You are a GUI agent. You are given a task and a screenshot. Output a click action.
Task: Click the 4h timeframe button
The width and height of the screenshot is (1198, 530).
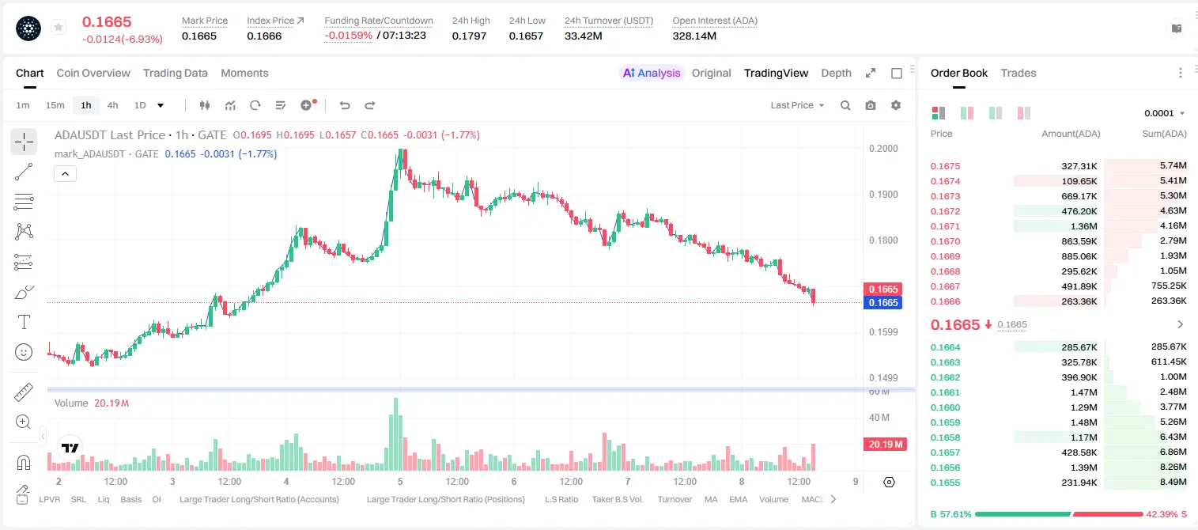coord(112,105)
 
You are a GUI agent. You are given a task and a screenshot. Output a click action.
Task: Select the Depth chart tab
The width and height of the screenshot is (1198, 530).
coord(836,74)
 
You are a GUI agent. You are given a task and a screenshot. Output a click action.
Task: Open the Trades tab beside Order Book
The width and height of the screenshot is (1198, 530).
coord(1018,74)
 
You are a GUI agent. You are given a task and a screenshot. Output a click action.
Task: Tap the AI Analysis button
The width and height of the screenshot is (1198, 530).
coord(652,74)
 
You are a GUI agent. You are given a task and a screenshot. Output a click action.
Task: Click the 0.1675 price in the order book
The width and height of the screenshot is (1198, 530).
coord(945,166)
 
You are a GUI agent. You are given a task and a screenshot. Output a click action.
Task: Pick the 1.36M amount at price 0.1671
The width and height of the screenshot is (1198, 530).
coord(1083,226)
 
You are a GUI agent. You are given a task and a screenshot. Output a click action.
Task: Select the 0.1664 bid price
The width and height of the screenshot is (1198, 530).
coord(945,347)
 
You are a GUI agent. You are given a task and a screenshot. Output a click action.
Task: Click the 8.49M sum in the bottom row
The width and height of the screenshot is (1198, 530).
coord(1173,482)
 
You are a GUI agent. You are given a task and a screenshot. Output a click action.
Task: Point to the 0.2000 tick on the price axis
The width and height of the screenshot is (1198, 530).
coord(883,149)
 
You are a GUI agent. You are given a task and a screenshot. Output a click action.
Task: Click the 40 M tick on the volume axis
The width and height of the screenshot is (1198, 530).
coord(879,417)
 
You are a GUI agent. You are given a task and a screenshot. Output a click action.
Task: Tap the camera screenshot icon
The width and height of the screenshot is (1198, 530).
coord(871,105)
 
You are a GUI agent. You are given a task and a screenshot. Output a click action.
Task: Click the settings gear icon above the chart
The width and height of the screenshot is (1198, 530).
coord(896,105)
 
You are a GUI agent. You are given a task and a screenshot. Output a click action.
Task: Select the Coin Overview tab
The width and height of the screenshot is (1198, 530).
coord(93,74)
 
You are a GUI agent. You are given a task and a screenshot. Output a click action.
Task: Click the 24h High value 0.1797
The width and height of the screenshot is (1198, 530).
coord(469,36)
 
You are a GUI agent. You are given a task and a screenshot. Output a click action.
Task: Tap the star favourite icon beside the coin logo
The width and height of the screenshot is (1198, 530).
coord(59,27)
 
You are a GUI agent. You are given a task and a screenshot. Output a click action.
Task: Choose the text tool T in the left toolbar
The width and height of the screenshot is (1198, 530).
coord(24,323)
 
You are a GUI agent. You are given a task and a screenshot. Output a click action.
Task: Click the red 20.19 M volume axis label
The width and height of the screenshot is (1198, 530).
coord(885,445)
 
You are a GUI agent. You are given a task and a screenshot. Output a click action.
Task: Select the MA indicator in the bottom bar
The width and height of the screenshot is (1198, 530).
coord(711,499)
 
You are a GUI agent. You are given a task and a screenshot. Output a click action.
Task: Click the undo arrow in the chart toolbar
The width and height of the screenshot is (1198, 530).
coord(345,105)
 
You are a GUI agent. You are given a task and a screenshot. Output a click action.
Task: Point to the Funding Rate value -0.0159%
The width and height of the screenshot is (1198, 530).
coord(348,36)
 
